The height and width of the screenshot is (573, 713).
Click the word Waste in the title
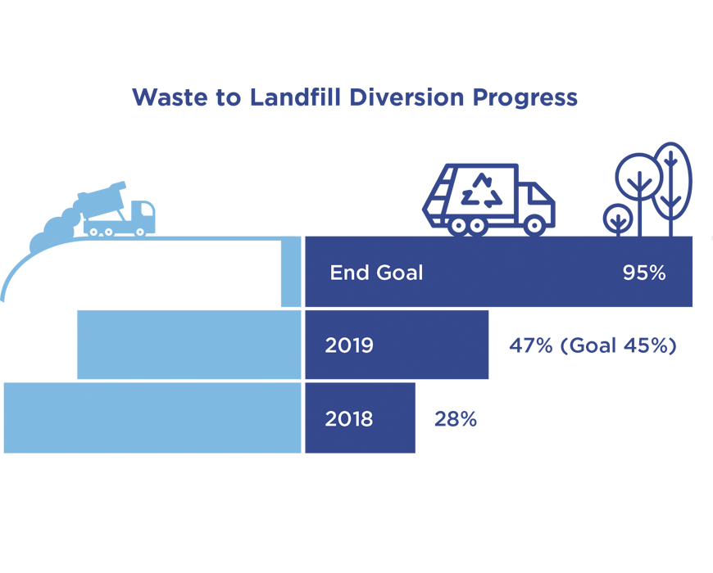(169, 97)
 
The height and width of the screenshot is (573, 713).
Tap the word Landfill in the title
(295, 97)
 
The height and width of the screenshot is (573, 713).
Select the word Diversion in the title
(407, 97)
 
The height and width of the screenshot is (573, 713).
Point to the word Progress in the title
(525, 98)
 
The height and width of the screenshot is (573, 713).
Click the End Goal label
(376, 273)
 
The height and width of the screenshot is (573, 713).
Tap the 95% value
(644, 273)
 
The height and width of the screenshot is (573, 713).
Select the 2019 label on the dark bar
(349, 345)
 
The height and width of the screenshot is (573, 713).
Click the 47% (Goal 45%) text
(593, 345)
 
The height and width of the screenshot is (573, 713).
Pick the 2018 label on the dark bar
(349, 418)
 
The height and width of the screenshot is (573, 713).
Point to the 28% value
(456, 418)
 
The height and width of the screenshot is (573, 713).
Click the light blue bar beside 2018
(152, 417)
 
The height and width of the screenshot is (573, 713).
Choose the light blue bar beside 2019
(189, 345)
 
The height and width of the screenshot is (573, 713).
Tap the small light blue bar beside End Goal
(291, 272)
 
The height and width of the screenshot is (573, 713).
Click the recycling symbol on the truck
(482, 191)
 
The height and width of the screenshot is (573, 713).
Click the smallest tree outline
(618, 220)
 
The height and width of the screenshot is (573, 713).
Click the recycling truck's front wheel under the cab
(534, 225)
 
